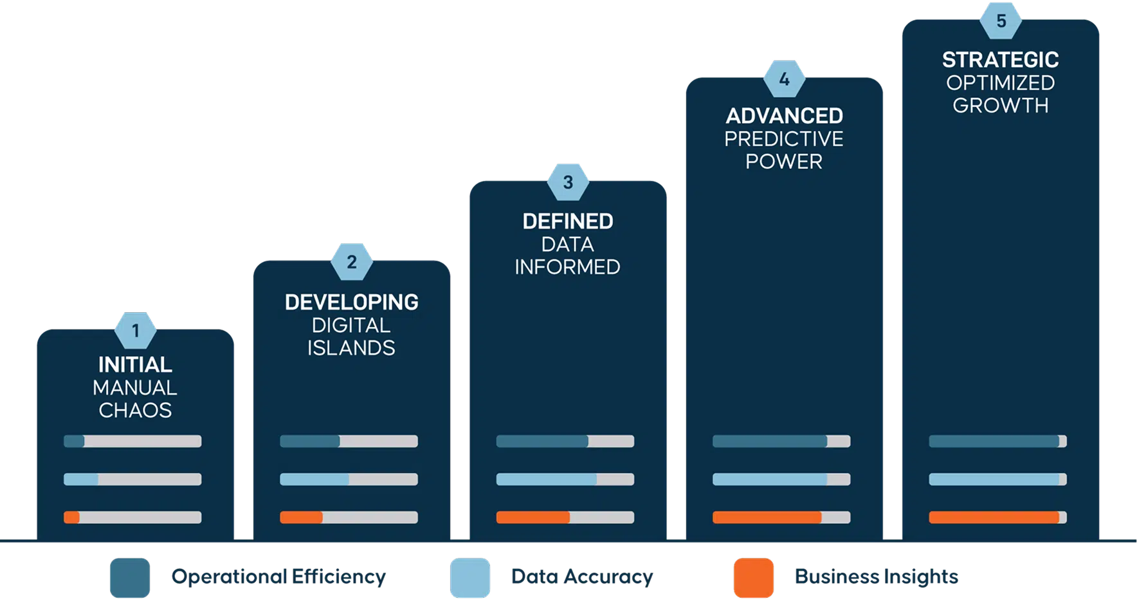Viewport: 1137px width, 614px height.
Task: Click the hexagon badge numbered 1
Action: point(135,331)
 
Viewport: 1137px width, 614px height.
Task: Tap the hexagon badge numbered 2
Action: point(351,262)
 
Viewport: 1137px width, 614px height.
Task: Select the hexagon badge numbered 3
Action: point(568,182)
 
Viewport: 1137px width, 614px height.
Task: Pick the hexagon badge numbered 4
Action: point(784,80)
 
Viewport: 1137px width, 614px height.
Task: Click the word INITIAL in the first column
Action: point(135,365)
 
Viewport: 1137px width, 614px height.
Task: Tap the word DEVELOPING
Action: point(351,302)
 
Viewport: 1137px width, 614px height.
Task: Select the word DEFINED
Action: point(568,221)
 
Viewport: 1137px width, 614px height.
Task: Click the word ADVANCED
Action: point(784,116)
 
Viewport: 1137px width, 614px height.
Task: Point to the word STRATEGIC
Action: point(1000,60)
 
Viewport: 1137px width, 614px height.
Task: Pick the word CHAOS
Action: point(135,411)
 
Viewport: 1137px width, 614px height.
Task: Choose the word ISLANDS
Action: point(351,348)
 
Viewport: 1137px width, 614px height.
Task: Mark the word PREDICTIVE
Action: point(784,139)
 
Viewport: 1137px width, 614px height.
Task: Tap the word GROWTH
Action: point(1000,106)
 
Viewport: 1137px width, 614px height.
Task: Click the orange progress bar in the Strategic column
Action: point(994,517)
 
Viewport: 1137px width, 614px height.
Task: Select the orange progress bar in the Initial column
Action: point(71,517)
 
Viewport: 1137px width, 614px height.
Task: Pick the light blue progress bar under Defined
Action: point(547,479)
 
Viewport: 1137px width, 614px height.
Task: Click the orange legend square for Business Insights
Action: point(753,578)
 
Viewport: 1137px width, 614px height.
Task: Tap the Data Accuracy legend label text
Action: point(581,577)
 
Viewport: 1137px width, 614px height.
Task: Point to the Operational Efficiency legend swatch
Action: point(129,578)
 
